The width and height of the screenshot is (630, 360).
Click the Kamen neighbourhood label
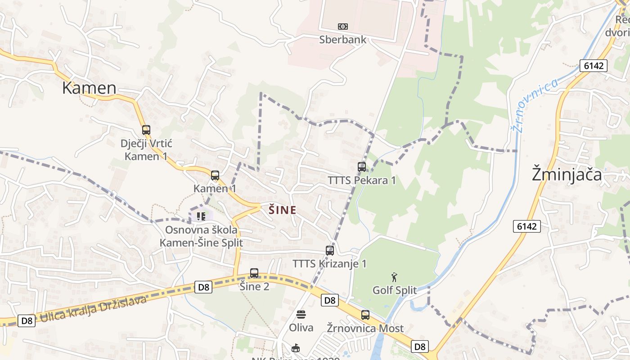[89, 88]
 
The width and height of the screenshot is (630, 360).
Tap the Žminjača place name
[567, 174]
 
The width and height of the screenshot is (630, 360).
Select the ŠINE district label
[283, 210]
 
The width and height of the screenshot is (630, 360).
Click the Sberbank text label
[343, 40]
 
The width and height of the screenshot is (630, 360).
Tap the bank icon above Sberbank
[343, 27]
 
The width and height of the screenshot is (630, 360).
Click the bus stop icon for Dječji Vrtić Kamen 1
[146, 130]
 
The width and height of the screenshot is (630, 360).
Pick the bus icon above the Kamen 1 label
[215, 175]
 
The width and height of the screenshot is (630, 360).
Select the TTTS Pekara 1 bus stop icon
[362, 167]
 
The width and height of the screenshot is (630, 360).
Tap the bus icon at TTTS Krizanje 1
[330, 251]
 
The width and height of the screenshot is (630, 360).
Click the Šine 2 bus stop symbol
[254, 273]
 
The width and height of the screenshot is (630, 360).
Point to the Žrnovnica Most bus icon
[365, 315]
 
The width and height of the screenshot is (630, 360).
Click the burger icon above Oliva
[301, 314]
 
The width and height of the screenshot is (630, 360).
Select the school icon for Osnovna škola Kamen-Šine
[201, 216]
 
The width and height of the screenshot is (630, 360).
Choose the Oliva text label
[301, 328]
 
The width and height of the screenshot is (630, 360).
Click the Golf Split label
[395, 290]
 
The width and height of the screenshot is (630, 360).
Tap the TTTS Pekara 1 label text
[362, 180]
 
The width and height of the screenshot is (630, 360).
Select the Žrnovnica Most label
[365, 328]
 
